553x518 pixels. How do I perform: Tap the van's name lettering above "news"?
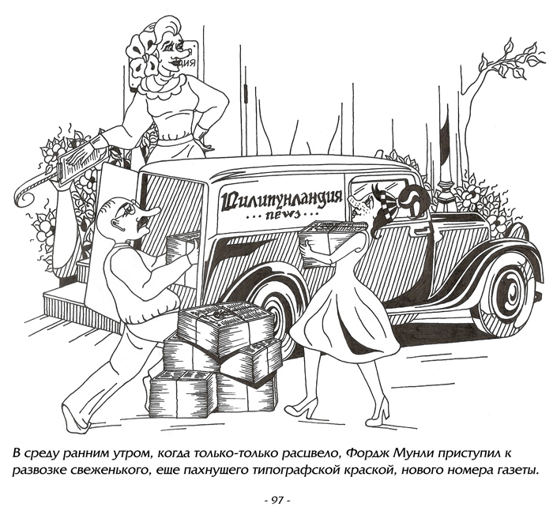click(x=281, y=199)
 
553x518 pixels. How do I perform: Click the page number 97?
click(x=276, y=500)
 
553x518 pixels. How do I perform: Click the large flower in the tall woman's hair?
click(x=145, y=57)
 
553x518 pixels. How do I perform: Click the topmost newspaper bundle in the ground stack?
click(x=226, y=328)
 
